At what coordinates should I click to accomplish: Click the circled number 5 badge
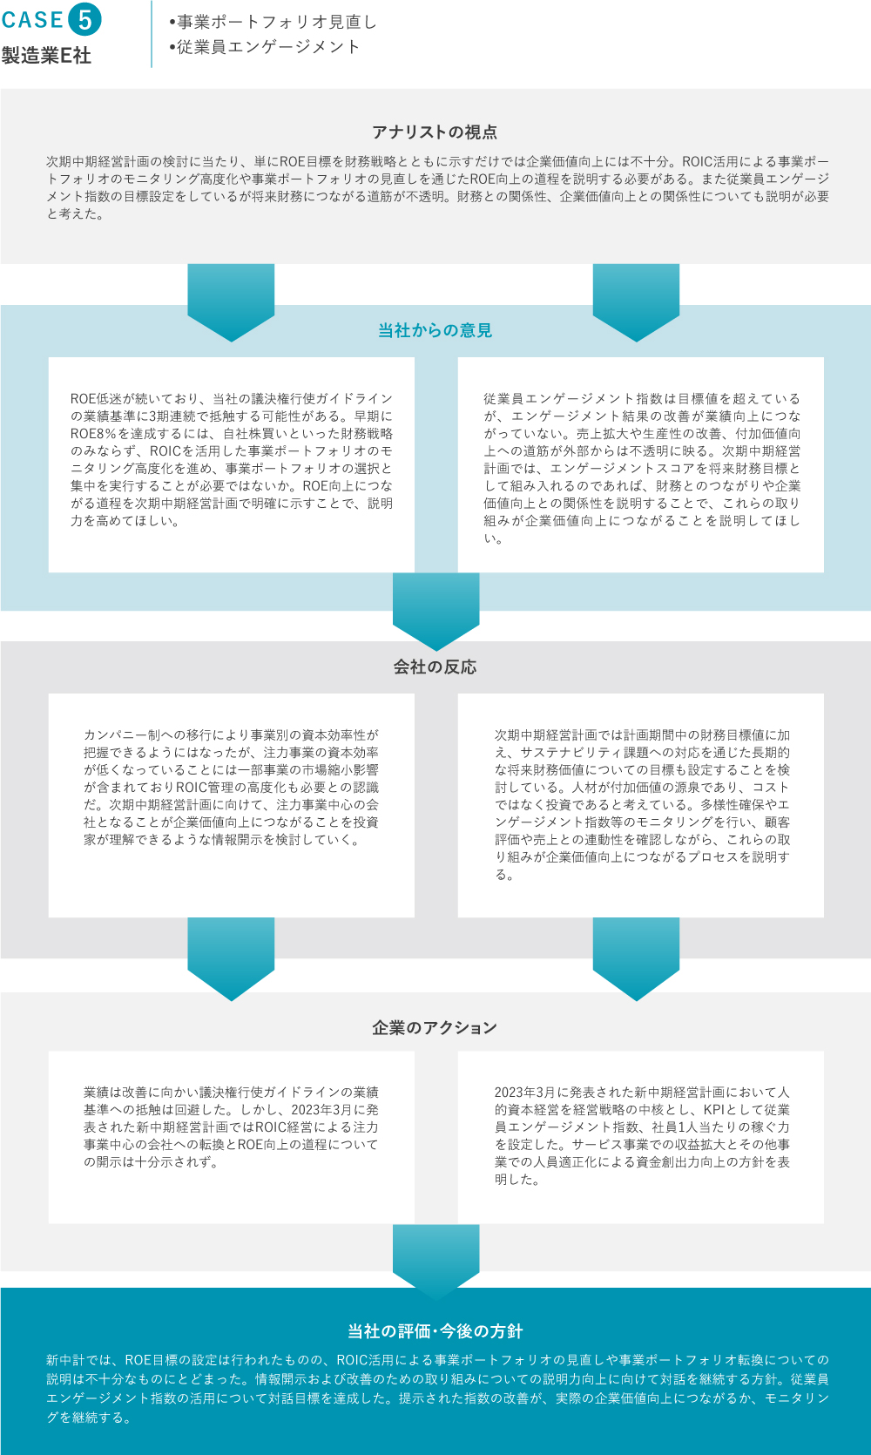(85, 19)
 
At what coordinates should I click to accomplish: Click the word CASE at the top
(32, 20)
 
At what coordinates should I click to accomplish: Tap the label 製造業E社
(46, 56)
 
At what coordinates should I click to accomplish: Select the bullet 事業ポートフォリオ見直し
(273, 22)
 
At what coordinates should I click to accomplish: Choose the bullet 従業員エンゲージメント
(265, 47)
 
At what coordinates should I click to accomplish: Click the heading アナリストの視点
(435, 132)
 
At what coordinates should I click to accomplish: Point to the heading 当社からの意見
(435, 330)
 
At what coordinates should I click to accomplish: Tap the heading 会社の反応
(435, 667)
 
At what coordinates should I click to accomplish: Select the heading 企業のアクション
(435, 1027)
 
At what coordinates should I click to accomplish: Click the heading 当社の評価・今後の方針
(435, 1331)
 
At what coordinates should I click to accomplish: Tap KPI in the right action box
(714, 1110)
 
